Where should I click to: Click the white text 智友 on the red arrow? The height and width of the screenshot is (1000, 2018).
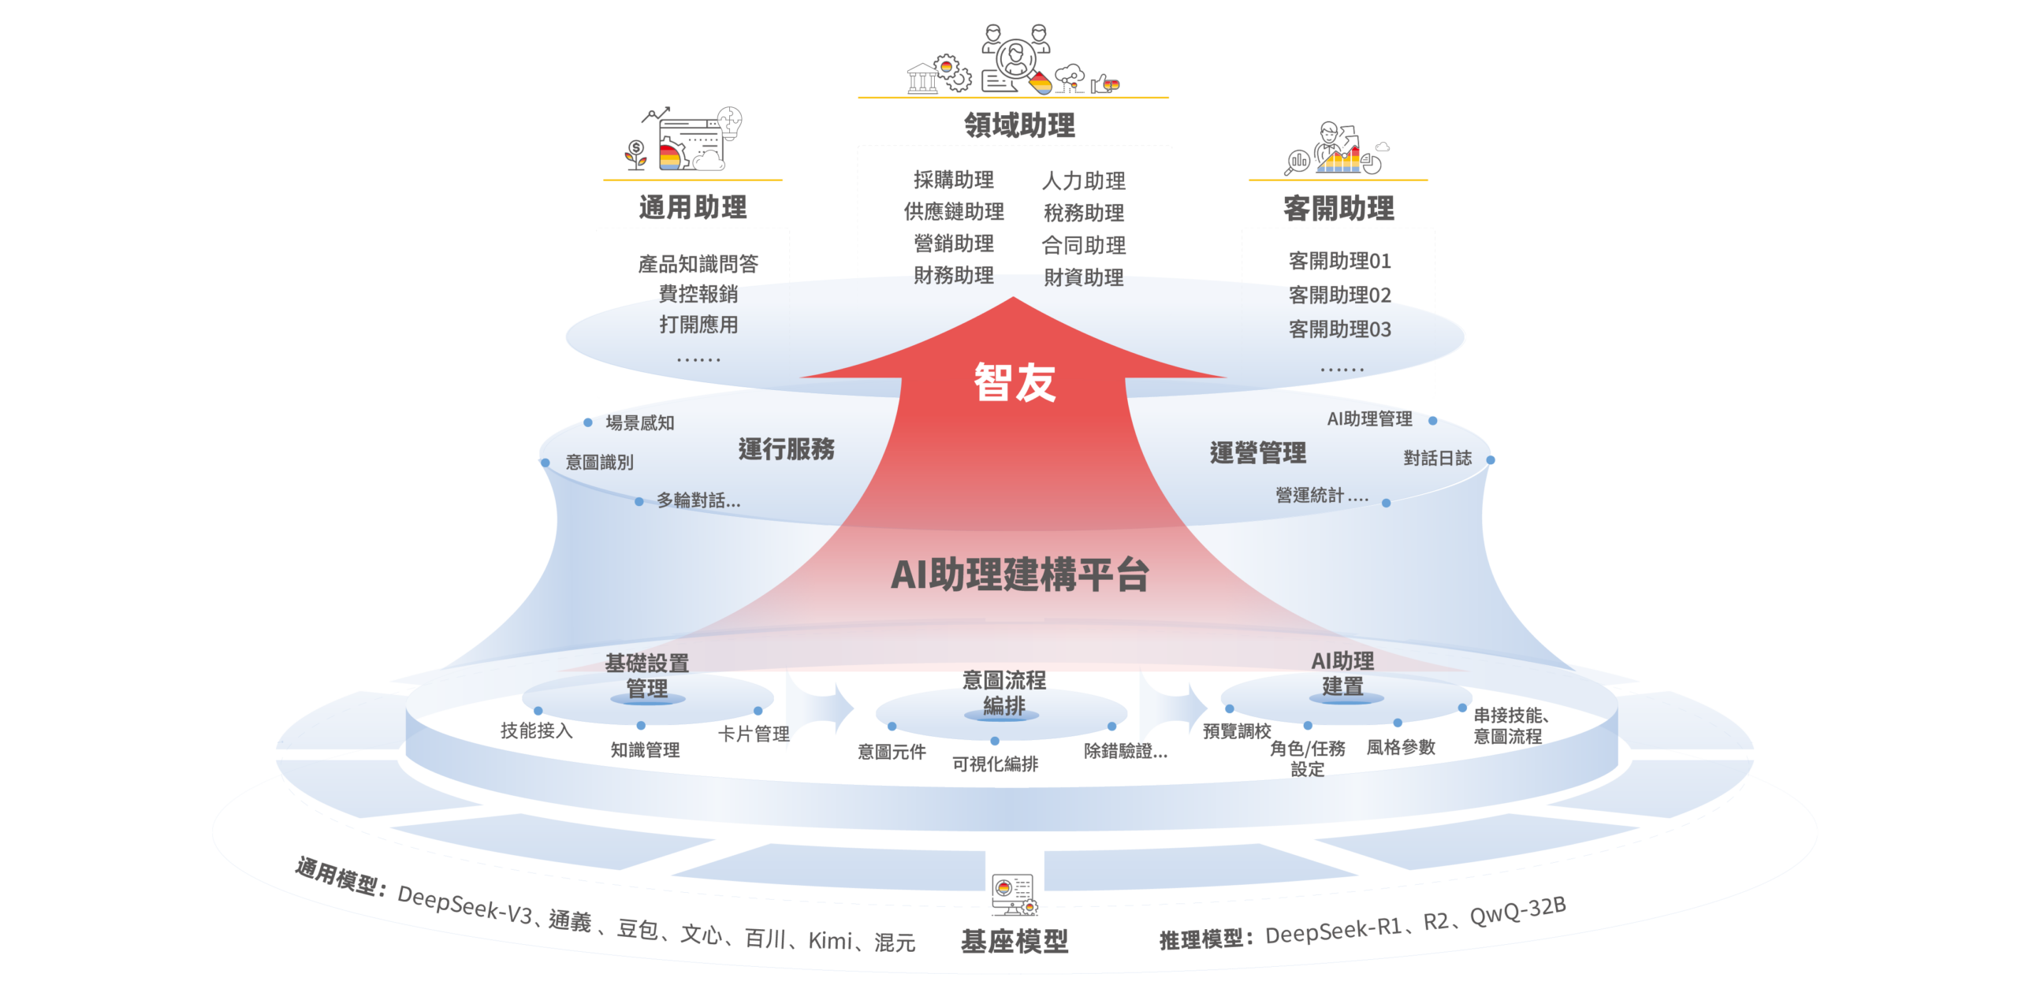point(1015,383)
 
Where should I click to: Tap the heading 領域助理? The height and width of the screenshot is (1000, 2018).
point(1019,125)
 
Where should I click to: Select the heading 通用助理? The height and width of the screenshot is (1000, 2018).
point(693,208)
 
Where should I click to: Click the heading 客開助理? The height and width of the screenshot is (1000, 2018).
point(1339,209)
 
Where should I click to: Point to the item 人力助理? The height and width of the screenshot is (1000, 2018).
point(1084,181)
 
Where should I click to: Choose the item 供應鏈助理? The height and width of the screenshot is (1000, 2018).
point(954,211)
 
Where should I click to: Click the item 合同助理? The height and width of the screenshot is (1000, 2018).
point(1084,246)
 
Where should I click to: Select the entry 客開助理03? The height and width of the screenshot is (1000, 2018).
point(1339,329)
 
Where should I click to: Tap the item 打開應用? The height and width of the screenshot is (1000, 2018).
point(698,325)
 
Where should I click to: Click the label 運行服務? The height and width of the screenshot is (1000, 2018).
point(786,449)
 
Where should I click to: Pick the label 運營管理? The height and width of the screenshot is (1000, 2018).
point(1258,453)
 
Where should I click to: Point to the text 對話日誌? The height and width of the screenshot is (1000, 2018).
point(1437,459)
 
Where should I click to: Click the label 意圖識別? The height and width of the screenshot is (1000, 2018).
point(599,463)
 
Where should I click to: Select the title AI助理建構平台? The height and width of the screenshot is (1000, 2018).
point(1019,574)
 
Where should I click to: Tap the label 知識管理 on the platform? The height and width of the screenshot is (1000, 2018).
point(645,750)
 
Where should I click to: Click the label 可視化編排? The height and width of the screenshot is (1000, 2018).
point(995,764)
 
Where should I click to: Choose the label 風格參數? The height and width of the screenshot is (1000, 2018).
point(1401,747)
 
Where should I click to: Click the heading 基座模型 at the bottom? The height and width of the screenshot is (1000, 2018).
point(1014,941)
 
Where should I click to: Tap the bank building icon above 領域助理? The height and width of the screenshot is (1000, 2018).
point(922,79)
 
